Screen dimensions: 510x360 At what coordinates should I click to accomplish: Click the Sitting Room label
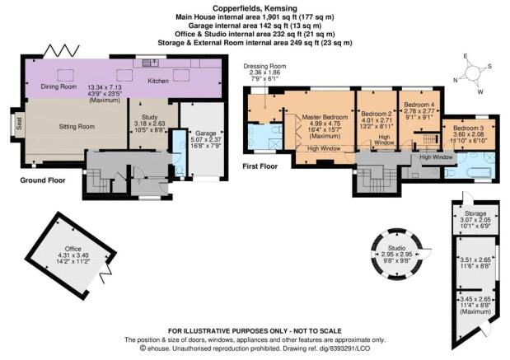point(77,127)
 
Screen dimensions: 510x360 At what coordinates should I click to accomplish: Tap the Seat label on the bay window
point(19,124)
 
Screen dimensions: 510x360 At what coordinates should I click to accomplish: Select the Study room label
point(150,117)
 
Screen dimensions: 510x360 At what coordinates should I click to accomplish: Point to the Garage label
point(206,133)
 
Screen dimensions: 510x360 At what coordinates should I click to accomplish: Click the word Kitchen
point(158,81)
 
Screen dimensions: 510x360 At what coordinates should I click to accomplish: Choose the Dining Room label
point(58,86)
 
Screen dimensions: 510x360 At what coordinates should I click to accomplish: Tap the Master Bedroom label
point(325,117)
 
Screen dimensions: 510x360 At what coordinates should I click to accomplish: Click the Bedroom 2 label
point(377,114)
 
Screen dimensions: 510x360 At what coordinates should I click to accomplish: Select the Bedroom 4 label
point(419,105)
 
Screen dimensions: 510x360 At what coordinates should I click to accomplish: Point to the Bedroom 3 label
point(469,128)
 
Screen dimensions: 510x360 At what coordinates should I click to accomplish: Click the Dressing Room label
point(264,66)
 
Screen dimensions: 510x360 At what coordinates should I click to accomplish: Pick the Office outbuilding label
point(73,249)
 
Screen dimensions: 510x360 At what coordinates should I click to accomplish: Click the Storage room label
point(475,213)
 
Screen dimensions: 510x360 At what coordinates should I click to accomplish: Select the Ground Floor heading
point(43,180)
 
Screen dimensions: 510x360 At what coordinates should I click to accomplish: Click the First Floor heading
point(260,166)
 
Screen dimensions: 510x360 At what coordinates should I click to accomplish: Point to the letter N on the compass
point(456,81)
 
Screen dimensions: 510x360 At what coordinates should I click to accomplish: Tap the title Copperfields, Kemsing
point(255,8)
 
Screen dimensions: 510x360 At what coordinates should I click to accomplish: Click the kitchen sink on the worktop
point(151,62)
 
